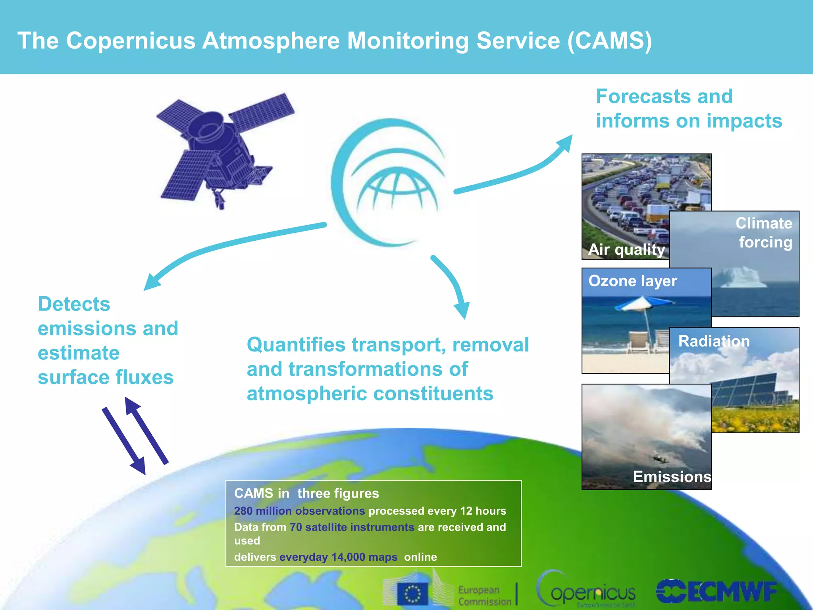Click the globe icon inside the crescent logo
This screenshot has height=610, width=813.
397,191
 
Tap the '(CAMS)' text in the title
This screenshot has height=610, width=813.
609,41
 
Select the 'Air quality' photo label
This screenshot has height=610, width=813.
626,249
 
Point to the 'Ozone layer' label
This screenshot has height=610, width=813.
632,281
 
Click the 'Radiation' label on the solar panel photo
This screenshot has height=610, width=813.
714,341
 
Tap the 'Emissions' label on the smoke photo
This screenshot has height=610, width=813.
672,476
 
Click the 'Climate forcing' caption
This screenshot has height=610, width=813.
764,233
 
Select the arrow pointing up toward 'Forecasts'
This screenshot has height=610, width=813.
516,171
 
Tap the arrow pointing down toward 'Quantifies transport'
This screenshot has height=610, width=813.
453,286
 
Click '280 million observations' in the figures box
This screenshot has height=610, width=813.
299,511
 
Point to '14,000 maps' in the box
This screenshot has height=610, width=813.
364,557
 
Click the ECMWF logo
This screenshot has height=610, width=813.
717,592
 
